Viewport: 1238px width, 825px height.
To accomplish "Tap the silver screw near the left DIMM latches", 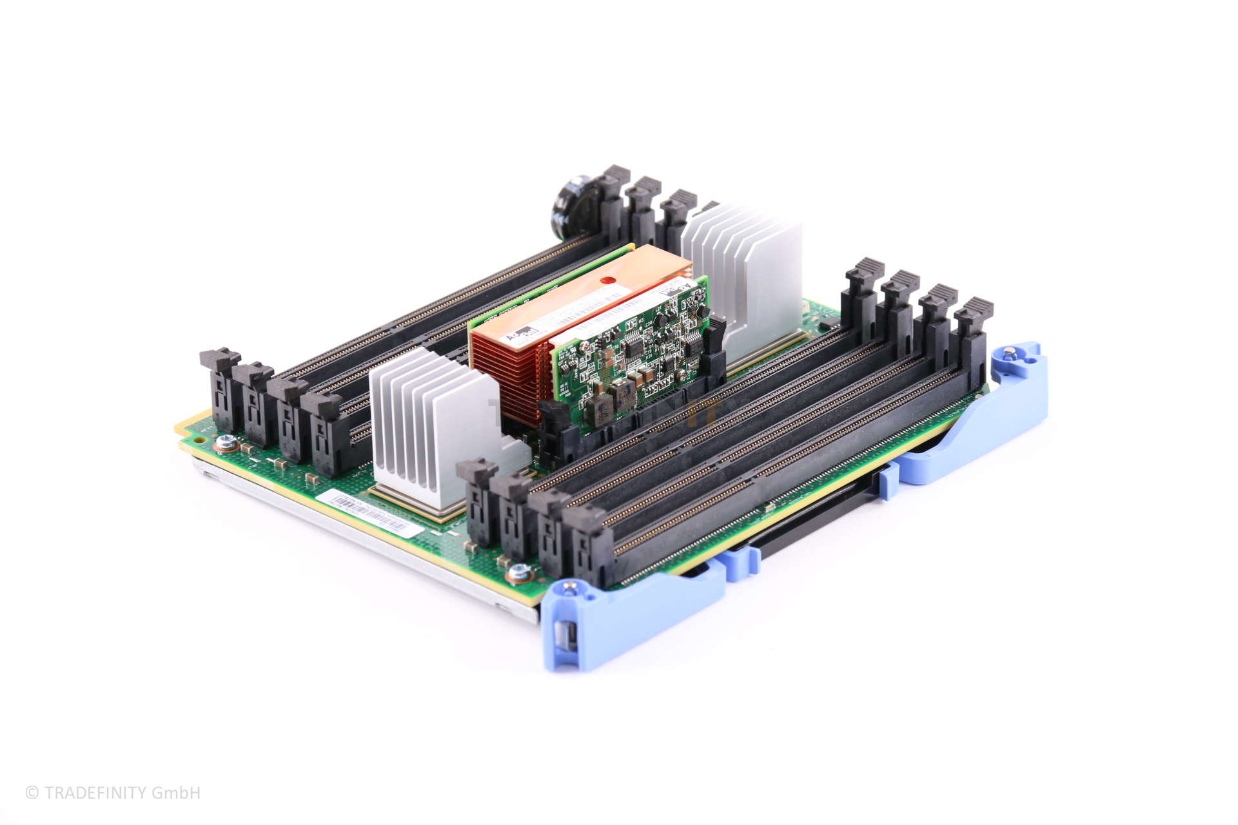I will [225, 442].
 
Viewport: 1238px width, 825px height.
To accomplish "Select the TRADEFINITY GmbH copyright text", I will [113, 793].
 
